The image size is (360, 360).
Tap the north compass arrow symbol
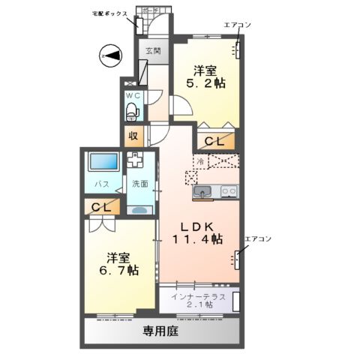(110, 55)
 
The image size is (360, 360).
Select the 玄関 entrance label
(153, 51)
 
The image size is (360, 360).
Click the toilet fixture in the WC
(133, 112)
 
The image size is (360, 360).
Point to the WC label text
(133, 97)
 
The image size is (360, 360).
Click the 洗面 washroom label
(140, 183)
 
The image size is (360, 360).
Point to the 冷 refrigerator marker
(200, 160)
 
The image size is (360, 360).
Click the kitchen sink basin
(202, 193)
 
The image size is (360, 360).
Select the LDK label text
(197, 225)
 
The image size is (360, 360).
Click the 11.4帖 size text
(197, 239)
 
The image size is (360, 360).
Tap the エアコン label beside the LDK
(257, 238)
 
